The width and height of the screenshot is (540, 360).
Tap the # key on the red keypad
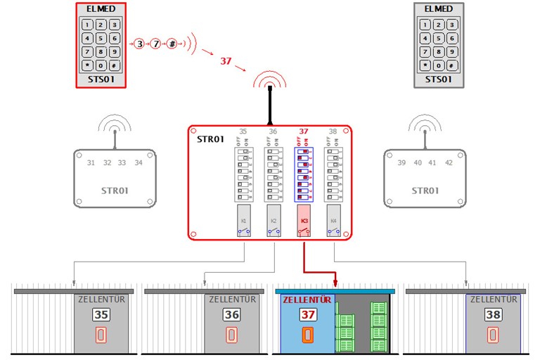(x=114, y=65)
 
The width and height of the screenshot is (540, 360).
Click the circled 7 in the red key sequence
(x=155, y=44)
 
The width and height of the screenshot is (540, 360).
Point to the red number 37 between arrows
(x=226, y=61)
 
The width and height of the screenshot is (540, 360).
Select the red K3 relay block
(x=304, y=220)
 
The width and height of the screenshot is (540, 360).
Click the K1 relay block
(x=244, y=220)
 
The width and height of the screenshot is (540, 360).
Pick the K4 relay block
(x=333, y=220)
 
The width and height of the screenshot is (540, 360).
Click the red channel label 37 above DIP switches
(x=304, y=131)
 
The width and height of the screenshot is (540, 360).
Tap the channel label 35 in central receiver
(x=243, y=131)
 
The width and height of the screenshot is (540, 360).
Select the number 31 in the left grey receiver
(x=91, y=163)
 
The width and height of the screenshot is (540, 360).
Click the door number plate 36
(x=231, y=314)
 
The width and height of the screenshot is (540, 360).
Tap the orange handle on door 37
(x=307, y=335)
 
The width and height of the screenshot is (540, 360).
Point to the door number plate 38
(x=493, y=314)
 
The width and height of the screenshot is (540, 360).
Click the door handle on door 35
(x=101, y=335)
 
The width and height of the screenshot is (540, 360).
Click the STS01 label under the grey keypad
(x=438, y=79)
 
